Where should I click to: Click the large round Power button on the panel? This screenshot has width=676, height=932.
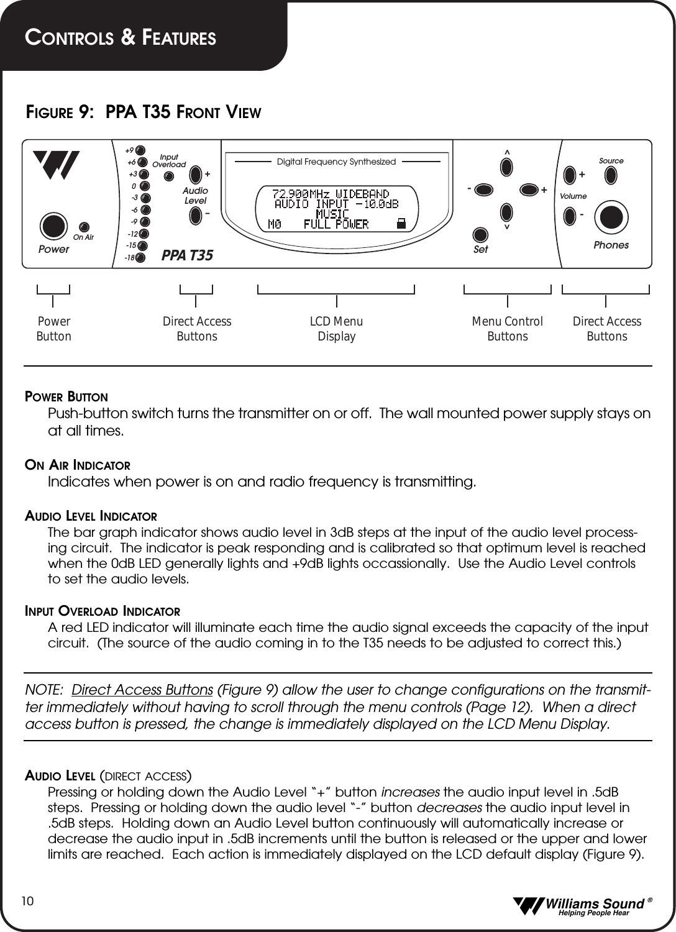click(x=53, y=226)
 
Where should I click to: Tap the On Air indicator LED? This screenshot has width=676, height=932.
click(x=84, y=227)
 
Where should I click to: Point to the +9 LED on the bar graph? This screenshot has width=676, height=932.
click(x=140, y=150)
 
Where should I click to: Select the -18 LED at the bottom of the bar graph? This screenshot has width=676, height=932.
click(x=140, y=257)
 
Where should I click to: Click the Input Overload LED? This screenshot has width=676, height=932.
click(x=168, y=176)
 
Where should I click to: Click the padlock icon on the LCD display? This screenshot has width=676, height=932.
click(x=401, y=224)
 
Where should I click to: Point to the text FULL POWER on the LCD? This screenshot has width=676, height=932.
click(x=336, y=224)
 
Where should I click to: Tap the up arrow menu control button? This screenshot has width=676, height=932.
click(x=507, y=167)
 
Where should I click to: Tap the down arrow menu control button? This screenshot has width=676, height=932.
click(x=507, y=212)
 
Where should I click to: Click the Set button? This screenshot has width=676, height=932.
click(x=480, y=235)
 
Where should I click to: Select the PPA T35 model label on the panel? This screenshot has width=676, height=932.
click(x=187, y=255)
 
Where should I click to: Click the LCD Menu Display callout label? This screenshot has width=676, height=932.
click(x=336, y=329)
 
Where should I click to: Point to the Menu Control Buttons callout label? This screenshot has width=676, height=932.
click(x=507, y=329)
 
